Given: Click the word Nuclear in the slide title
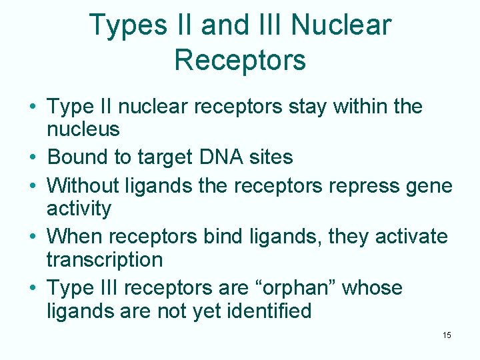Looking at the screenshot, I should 341,25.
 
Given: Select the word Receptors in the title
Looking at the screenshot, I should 240,59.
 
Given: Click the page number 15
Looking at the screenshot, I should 447,335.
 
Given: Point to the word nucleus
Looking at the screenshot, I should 83,129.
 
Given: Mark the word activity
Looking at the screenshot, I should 79,209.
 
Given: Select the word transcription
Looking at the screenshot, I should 105,259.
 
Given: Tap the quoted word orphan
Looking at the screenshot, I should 291,288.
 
